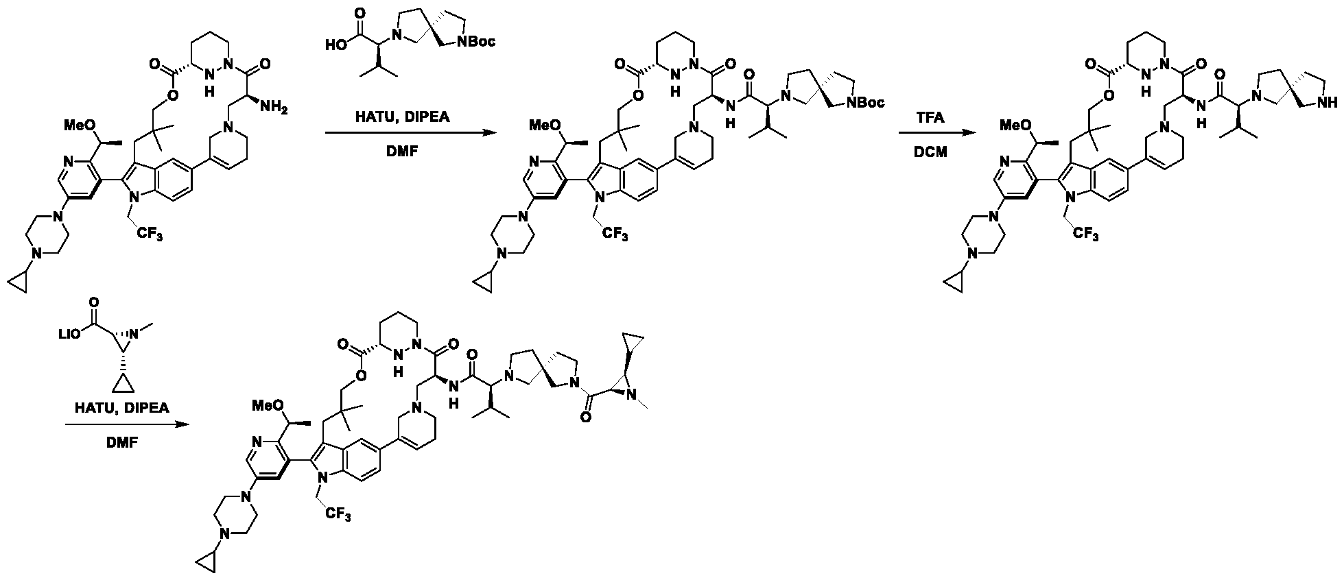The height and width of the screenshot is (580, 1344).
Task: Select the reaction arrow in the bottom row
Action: click(x=127, y=425)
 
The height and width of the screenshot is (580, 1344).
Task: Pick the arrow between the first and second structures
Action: click(x=410, y=134)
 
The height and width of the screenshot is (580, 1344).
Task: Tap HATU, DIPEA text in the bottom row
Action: click(x=122, y=409)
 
